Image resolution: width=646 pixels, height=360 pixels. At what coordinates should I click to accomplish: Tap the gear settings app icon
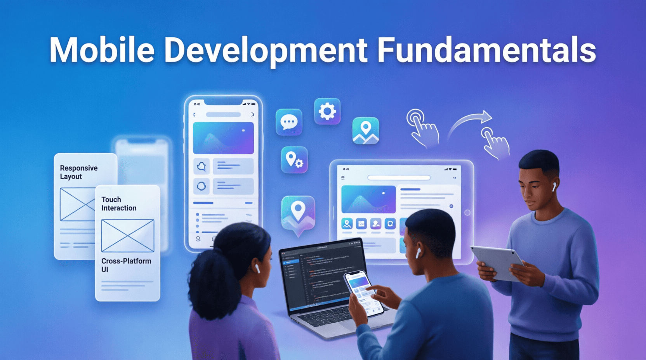[x=327, y=111]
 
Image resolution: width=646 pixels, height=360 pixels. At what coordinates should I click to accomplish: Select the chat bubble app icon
[x=289, y=122]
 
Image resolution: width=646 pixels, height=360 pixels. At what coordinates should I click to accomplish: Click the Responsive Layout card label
[x=78, y=172]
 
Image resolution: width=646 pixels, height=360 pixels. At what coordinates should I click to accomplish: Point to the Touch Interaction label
[x=118, y=204]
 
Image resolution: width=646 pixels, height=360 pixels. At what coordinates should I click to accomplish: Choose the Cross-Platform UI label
[x=126, y=265]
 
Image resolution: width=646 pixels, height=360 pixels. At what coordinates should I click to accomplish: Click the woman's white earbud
[x=257, y=268]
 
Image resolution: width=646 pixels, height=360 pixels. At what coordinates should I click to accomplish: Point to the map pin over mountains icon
[x=365, y=131]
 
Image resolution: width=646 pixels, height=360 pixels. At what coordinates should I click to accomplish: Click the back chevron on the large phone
[x=194, y=115]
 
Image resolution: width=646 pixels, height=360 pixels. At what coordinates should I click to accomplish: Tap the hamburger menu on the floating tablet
[x=343, y=178]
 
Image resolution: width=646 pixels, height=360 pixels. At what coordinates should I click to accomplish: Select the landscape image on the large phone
[x=223, y=138]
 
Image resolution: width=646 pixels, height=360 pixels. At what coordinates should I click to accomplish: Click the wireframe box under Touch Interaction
[x=127, y=235]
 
